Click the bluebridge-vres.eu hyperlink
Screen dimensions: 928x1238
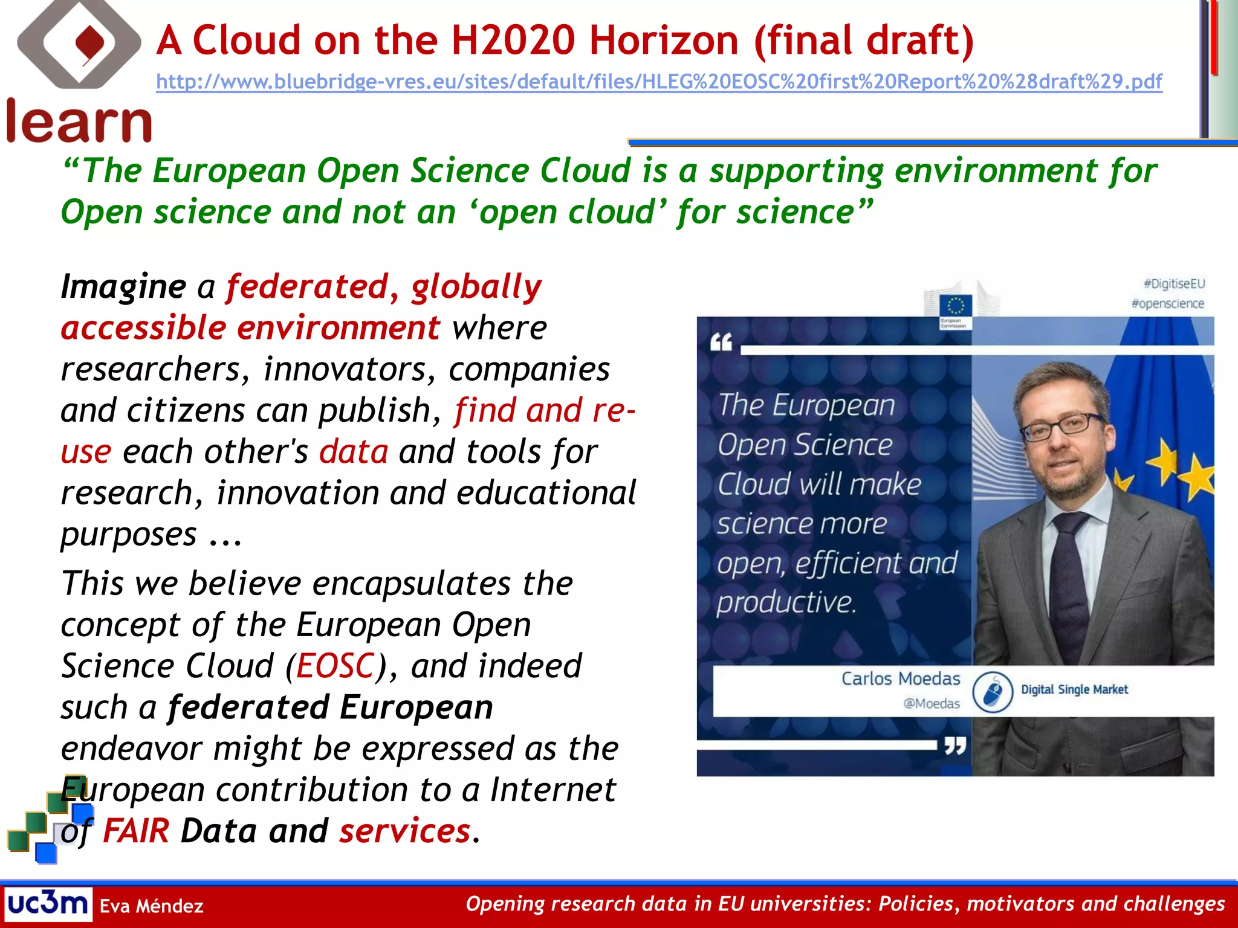click(x=659, y=82)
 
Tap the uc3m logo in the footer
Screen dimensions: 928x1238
click(x=48, y=904)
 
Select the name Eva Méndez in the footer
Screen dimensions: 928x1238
click(x=151, y=906)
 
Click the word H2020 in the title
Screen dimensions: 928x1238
click(x=513, y=40)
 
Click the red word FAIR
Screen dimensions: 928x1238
click(x=136, y=831)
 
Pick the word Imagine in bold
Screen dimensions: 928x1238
click(x=123, y=287)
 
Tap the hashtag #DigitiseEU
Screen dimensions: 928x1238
click(x=1174, y=284)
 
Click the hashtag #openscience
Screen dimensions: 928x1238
click(x=1168, y=303)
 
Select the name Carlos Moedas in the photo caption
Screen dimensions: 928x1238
click(x=900, y=679)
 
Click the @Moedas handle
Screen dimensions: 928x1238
click(x=931, y=704)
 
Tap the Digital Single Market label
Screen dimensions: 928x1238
click(x=1074, y=689)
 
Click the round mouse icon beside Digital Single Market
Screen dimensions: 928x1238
click(x=993, y=692)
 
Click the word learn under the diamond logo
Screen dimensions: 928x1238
click(x=79, y=123)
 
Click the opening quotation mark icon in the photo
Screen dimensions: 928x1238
click(x=721, y=342)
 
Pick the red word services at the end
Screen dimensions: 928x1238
click(x=404, y=831)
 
